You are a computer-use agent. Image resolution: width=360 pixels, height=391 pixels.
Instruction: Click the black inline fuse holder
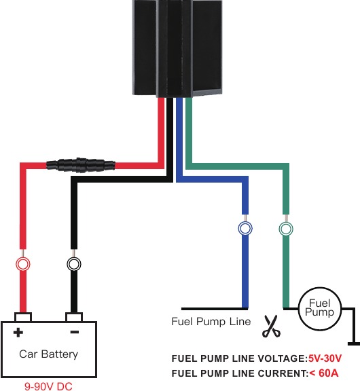(81, 165)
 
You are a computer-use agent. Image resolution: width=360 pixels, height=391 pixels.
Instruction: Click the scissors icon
(271, 326)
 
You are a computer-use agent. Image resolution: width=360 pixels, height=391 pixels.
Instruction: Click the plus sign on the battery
(18, 333)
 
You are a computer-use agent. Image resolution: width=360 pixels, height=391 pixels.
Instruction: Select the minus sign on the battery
(75, 332)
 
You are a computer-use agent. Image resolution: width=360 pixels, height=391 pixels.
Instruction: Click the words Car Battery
(49, 354)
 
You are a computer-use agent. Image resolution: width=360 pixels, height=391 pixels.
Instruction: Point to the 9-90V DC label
(48, 386)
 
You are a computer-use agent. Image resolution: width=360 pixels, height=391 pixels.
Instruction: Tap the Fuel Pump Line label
(211, 322)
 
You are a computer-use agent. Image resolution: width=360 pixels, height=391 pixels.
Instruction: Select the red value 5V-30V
(325, 358)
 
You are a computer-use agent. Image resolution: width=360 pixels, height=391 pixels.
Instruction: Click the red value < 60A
(324, 373)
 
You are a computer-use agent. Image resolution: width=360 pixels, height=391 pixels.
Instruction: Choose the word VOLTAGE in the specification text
(281, 358)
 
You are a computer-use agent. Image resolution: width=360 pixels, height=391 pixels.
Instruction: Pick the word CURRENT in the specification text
(282, 373)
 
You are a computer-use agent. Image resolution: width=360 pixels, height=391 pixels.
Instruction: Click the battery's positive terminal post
(23, 317)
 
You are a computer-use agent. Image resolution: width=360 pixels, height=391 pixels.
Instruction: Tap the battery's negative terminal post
(74, 317)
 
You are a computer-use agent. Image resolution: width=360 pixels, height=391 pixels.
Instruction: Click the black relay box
(177, 48)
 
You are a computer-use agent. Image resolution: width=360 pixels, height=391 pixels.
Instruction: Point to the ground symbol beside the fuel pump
(354, 343)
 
